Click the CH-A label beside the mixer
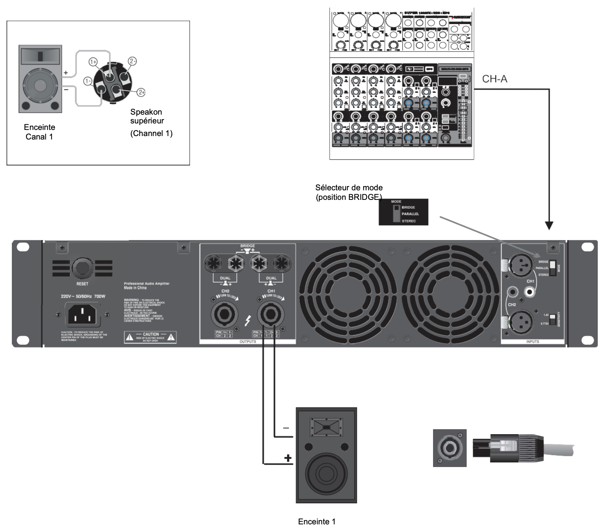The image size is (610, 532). pyautogui.click(x=495, y=79)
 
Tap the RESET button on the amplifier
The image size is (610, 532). pyautogui.click(x=82, y=269)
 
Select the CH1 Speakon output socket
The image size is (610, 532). pyautogui.click(x=271, y=315)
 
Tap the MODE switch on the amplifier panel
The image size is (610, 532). pyautogui.click(x=553, y=268)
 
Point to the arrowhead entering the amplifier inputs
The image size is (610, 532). pyautogui.click(x=549, y=225)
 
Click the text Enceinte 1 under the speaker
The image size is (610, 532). pyautogui.click(x=316, y=522)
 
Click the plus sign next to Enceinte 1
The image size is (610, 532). pyautogui.click(x=288, y=457)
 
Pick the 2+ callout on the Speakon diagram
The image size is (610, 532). pyautogui.click(x=141, y=92)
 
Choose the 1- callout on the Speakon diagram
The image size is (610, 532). pyautogui.click(x=88, y=81)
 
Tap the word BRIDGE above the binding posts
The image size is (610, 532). pyautogui.click(x=247, y=246)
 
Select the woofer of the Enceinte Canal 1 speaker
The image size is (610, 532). pyautogui.click(x=39, y=83)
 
